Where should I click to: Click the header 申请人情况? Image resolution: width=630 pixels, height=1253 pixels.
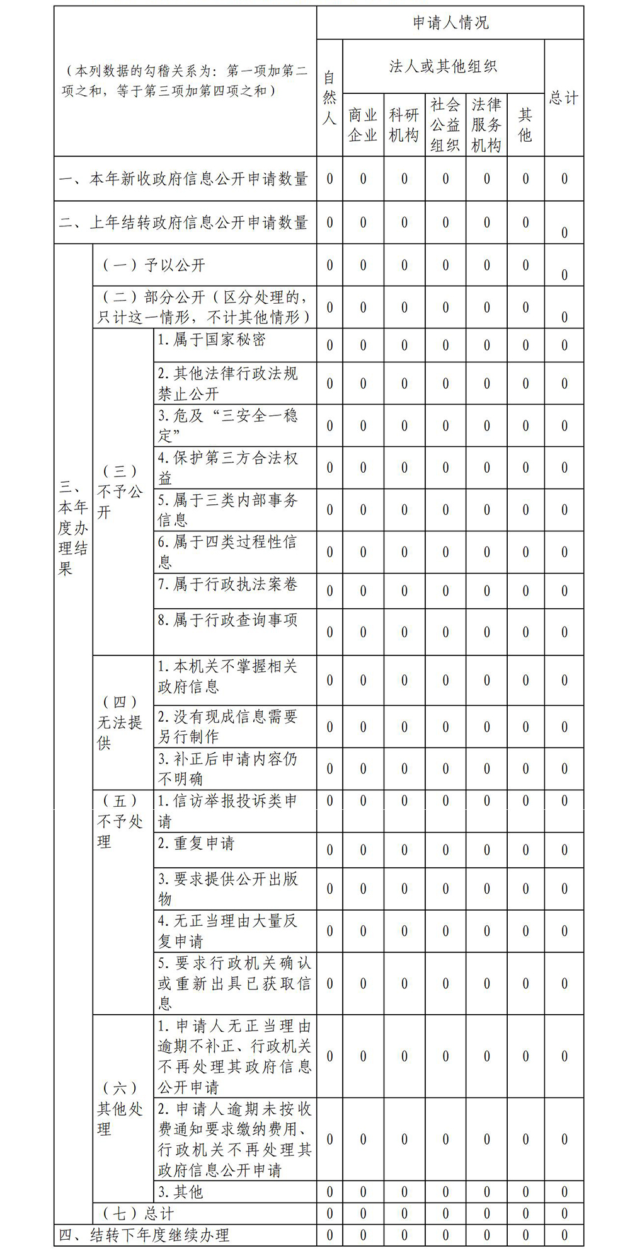[x=450, y=23]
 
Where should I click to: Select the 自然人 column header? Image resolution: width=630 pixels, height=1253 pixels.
[x=329, y=98]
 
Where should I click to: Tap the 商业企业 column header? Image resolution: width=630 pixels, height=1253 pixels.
[x=363, y=125]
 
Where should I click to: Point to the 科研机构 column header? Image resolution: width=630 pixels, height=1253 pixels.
[x=404, y=125]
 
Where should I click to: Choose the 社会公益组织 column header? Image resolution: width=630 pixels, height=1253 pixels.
[x=445, y=125]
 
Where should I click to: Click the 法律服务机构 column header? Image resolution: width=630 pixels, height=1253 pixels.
[x=486, y=125]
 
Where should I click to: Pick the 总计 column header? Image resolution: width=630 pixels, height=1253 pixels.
[x=563, y=98]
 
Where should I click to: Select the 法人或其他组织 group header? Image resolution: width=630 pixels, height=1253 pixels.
[x=443, y=66]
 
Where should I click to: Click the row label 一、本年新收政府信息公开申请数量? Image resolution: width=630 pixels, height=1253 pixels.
[x=183, y=179]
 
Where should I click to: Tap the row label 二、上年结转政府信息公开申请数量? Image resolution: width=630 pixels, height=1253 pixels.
[x=183, y=222]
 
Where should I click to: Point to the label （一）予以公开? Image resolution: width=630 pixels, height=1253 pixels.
[x=154, y=265]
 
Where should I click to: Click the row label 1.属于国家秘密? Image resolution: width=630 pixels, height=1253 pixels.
[x=212, y=340]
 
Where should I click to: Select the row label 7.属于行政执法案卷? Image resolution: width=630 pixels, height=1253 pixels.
[x=227, y=584]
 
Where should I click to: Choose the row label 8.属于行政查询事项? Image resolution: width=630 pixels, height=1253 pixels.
[x=227, y=620]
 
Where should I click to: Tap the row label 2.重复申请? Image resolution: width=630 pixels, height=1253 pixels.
[x=196, y=843]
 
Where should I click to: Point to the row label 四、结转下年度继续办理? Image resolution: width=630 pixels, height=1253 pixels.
[x=144, y=1235]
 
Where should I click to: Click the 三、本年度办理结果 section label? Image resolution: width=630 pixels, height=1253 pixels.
[x=72, y=528]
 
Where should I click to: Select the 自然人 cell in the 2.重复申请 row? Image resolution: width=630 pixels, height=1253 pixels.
[x=329, y=850]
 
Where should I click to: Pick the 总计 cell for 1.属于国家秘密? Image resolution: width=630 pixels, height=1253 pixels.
[x=564, y=345]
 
